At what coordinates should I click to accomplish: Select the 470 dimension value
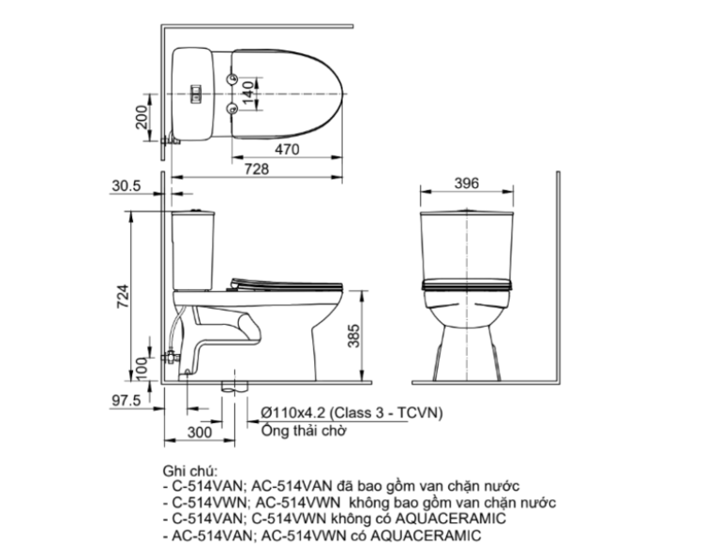point(288,149)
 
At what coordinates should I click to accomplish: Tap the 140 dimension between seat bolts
point(247,90)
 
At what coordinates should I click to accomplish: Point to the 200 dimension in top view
point(141,117)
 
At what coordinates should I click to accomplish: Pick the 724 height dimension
point(121,297)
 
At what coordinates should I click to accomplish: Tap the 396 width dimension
point(466,184)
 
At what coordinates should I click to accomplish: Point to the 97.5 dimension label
point(125,400)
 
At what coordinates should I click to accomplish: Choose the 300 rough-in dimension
point(198,432)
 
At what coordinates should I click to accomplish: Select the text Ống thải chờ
point(304,431)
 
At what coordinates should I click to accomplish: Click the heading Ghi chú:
point(188,470)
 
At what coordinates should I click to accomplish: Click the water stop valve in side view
point(170,357)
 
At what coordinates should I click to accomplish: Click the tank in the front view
point(466,243)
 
